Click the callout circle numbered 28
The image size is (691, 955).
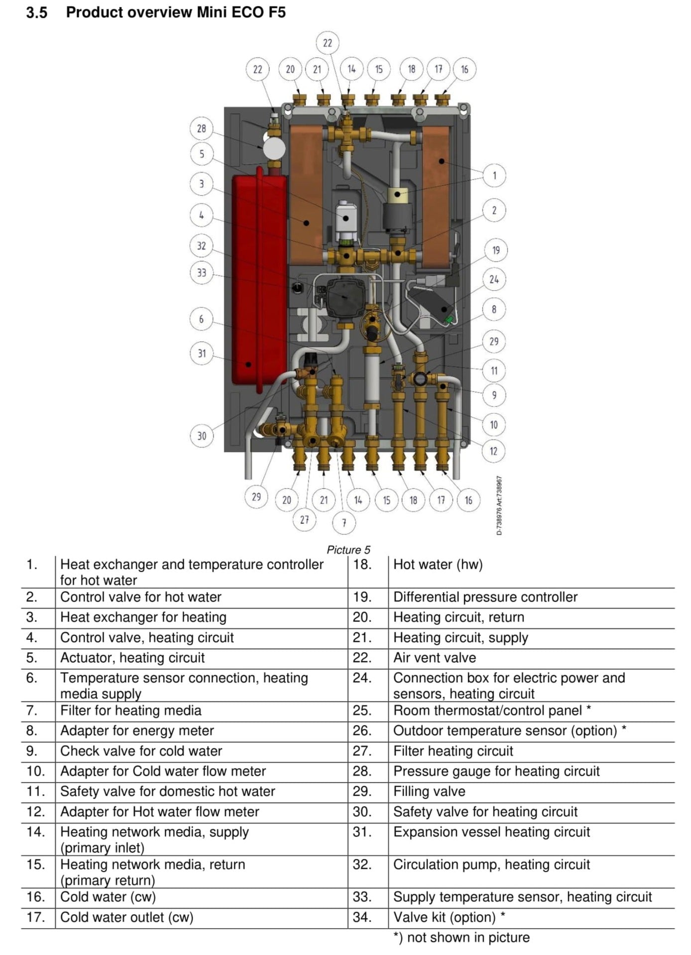click(201, 128)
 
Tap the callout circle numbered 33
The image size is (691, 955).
click(201, 272)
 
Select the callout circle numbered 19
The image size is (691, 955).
click(495, 250)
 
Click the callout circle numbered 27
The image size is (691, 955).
click(304, 520)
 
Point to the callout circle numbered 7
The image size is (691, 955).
click(344, 523)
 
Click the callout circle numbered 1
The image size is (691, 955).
click(494, 175)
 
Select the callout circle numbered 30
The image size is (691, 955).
click(201, 436)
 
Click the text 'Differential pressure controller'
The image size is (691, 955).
click(485, 597)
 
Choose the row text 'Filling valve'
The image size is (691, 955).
click(429, 791)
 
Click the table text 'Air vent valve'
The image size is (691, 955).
click(434, 658)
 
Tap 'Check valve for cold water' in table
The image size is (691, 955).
click(141, 751)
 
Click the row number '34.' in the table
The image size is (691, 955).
click(362, 917)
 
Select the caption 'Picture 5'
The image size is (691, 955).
click(348, 550)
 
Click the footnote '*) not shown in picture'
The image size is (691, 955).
click(461, 938)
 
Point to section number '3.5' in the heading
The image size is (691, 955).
click(36, 12)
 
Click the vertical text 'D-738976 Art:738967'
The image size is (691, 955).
click(499, 505)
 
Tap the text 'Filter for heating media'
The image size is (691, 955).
click(130, 711)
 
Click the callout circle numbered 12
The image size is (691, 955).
click(493, 451)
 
